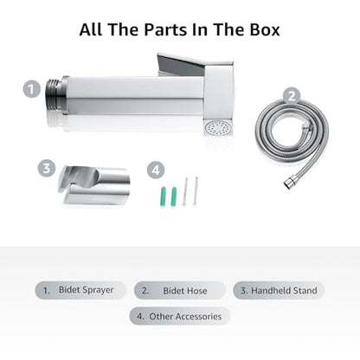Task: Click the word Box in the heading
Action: (265, 29)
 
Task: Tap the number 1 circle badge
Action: (32, 89)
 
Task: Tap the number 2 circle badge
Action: (292, 96)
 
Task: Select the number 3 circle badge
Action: (47, 168)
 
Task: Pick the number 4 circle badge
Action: (156, 170)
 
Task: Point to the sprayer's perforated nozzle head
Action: (215, 128)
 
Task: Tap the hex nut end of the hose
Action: (289, 183)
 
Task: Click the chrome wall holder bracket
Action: (94, 185)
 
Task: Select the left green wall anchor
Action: (163, 196)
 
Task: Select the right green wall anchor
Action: (174, 196)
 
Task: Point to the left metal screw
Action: (185, 191)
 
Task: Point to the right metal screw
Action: (196, 191)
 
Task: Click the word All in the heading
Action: (91, 29)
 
